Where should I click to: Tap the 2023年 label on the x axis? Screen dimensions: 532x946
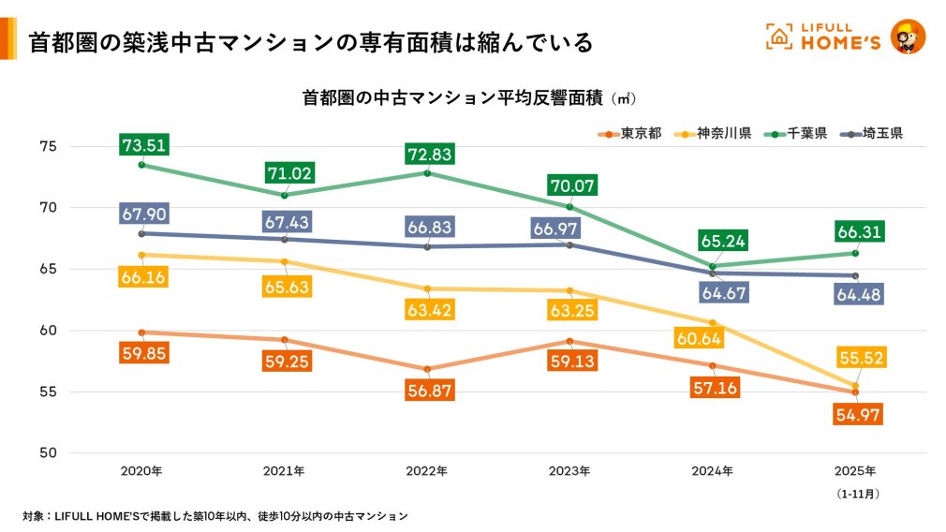click(570, 471)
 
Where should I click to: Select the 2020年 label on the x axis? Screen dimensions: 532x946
click(141, 471)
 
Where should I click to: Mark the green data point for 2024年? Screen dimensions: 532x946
click(713, 267)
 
